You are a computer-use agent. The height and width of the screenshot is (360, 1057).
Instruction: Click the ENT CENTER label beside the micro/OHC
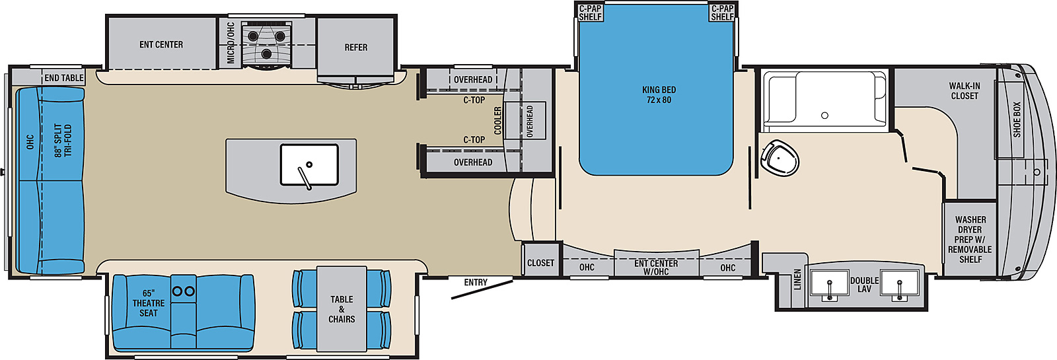tap(161, 44)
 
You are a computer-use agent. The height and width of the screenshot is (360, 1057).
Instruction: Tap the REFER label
tap(356, 47)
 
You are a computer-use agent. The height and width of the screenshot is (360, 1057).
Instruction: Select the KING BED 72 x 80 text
tap(659, 94)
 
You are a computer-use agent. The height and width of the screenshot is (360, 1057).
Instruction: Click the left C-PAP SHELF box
tap(590, 13)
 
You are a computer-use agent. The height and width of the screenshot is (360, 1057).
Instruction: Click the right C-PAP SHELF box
tap(722, 13)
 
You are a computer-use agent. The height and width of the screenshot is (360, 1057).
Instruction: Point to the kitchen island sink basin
tap(309, 164)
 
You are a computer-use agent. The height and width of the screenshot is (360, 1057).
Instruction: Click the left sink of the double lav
tap(829, 284)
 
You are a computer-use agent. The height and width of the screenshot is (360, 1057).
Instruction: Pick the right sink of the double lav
tap(899, 284)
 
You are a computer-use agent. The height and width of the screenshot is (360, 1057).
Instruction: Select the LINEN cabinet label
tap(797, 279)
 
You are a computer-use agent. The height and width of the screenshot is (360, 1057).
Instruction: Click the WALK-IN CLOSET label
tap(965, 90)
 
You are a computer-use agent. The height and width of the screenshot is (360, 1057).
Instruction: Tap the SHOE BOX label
tap(1017, 120)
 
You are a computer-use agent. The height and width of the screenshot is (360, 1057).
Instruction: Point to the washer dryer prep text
tap(970, 239)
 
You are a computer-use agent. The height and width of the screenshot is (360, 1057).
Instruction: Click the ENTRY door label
tap(476, 282)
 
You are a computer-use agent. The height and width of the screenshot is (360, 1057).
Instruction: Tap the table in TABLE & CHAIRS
tap(342, 309)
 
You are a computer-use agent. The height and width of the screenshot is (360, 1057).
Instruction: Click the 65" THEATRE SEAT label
tap(149, 303)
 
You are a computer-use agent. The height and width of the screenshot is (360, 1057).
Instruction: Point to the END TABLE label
tap(63, 78)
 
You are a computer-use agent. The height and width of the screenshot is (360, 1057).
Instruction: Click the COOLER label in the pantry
tap(498, 120)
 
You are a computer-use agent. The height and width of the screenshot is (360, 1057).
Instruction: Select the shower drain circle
tap(825, 115)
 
